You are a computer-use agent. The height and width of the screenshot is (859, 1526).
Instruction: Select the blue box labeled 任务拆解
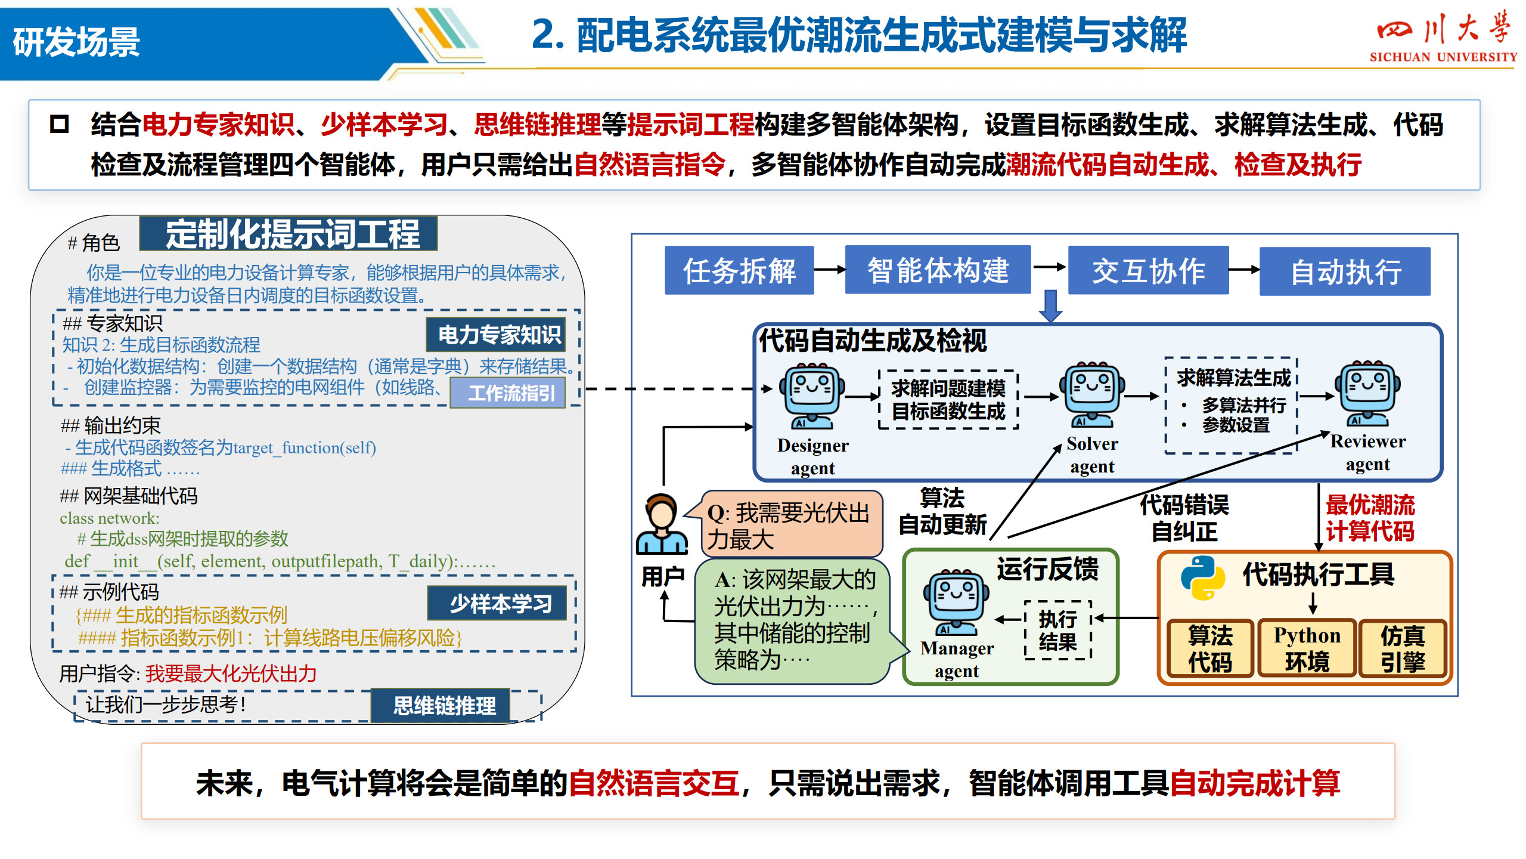click(x=739, y=270)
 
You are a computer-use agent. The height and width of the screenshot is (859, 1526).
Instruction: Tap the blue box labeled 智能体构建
click(x=938, y=270)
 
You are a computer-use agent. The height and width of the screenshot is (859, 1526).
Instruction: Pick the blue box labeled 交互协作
click(x=1148, y=270)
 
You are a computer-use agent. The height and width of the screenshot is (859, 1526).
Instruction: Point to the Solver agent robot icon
click(x=1091, y=394)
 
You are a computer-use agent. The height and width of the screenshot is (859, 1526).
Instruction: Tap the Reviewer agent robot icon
click(x=1367, y=393)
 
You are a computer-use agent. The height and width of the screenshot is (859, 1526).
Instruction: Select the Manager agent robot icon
click(x=956, y=602)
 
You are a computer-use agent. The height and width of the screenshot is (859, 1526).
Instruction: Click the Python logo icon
click(x=1203, y=577)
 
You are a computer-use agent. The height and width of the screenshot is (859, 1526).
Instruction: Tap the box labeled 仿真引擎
click(x=1403, y=648)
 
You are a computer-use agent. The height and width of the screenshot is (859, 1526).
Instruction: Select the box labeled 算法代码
click(x=1210, y=648)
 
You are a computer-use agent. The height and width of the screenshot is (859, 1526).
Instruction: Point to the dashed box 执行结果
click(x=1057, y=630)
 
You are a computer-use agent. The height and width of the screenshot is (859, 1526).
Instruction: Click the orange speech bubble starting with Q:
click(x=788, y=524)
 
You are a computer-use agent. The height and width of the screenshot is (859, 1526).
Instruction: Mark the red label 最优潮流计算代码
click(x=1370, y=517)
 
